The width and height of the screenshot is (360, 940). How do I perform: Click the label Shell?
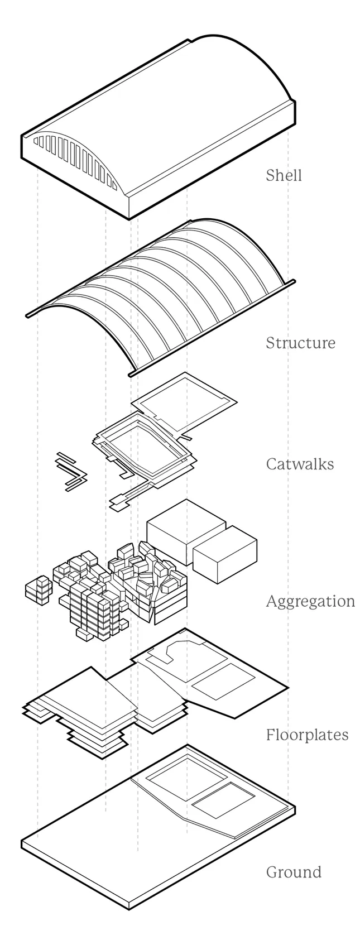pyautogui.click(x=284, y=175)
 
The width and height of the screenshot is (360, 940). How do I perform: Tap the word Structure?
pyautogui.click(x=300, y=342)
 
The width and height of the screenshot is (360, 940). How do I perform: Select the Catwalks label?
pyautogui.click(x=300, y=464)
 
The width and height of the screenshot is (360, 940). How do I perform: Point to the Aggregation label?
pyautogui.click(x=310, y=601)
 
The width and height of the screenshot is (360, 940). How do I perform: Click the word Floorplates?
pyautogui.click(x=306, y=735)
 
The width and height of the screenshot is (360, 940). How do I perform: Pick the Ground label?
pyautogui.click(x=294, y=871)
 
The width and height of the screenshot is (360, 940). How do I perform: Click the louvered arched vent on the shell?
pyautogui.click(x=75, y=160)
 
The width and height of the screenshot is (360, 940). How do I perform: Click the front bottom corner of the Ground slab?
pyautogui.click(x=129, y=908)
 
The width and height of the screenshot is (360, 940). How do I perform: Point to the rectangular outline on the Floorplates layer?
pyautogui.click(x=220, y=682)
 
